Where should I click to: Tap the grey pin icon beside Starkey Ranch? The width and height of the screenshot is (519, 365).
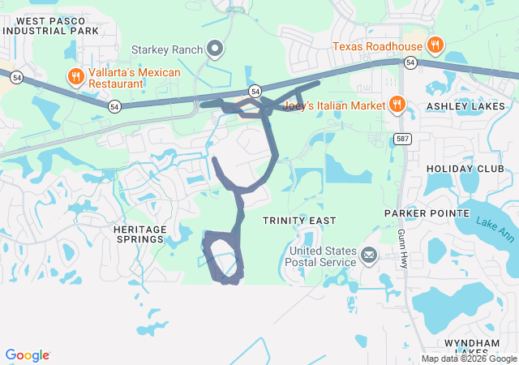click(215, 50)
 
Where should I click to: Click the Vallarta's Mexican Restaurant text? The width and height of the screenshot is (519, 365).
click(134, 78)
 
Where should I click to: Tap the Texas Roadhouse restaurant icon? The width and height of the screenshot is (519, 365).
click(435, 45)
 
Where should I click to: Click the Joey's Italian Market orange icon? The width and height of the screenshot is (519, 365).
click(397, 103)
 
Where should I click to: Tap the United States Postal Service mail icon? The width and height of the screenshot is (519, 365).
click(369, 256)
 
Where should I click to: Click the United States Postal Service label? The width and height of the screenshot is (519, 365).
click(322, 256)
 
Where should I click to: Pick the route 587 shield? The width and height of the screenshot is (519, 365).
click(403, 139)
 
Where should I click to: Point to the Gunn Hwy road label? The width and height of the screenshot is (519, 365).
click(403, 248)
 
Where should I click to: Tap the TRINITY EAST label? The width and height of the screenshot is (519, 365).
click(298, 221)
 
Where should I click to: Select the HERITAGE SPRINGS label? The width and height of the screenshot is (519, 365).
click(139, 234)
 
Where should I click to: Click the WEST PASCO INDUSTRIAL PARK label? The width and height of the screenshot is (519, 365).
click(50, 25)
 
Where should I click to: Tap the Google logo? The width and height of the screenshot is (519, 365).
click(28, 355)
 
